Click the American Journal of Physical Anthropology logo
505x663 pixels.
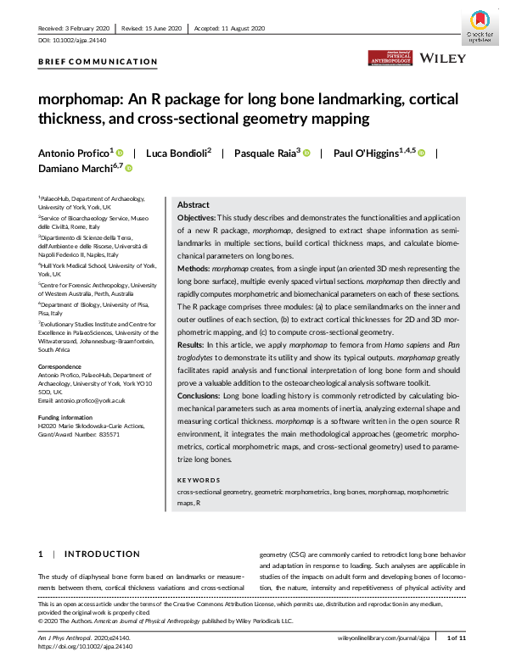coord(390,57)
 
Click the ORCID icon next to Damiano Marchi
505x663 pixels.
coord(129,169)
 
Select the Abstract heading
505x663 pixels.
coord(193,205)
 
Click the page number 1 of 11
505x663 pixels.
coord(456,636)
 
